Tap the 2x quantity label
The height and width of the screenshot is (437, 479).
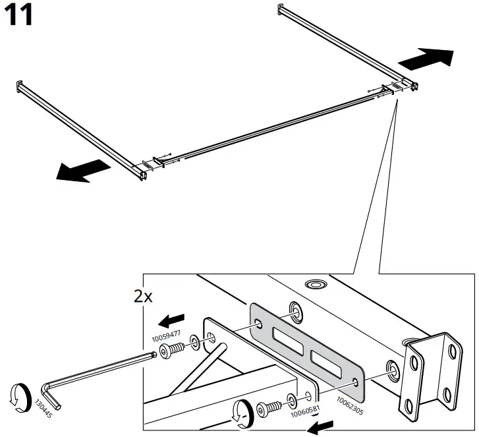[143, 296]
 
